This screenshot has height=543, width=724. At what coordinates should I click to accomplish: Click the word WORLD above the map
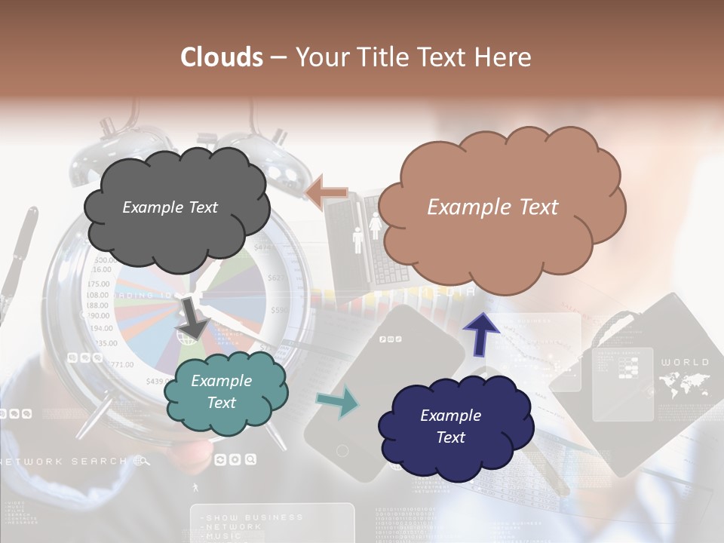[685, 363]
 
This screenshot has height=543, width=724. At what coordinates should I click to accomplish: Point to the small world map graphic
[684, 385]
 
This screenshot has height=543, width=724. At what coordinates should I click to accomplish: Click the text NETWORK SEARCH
[63, 461]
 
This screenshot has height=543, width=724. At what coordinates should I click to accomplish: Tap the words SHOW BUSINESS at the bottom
[253, 517]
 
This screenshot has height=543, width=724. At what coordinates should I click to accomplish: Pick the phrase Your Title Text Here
[413, 57]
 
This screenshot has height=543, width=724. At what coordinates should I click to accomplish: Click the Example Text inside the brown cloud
[492, 207]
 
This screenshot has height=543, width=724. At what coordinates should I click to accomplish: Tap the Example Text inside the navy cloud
[450, 426]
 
